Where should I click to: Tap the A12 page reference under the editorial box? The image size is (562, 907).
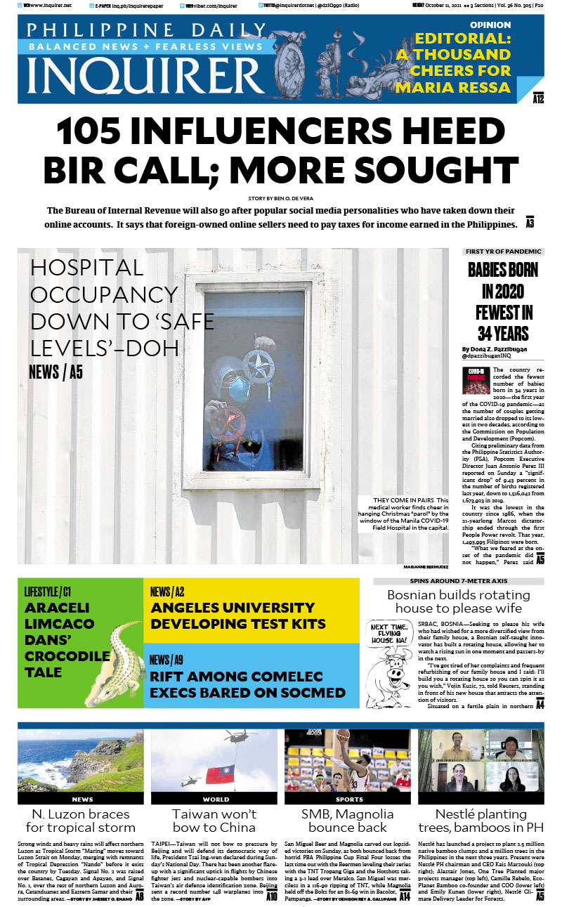pos(539,99)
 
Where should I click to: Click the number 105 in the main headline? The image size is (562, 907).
pos(106,132)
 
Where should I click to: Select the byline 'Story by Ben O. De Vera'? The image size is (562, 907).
pos(280,199)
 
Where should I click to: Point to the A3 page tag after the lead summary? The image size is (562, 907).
pos(530,223)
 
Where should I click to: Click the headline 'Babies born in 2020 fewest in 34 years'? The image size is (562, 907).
pos(503,301)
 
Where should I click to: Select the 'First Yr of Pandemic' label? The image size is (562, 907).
pos(503,252)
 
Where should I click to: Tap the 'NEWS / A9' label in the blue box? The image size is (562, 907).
pos(166,660)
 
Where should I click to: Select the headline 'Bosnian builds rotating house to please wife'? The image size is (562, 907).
pos(458,601)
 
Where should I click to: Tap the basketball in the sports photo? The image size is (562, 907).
pos(342,736)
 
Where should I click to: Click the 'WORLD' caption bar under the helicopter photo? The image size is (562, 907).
pos(216,799)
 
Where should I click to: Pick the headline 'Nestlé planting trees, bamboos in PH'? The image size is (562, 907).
pos(481,821)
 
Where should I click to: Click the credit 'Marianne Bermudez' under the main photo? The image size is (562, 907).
pos(426,566)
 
